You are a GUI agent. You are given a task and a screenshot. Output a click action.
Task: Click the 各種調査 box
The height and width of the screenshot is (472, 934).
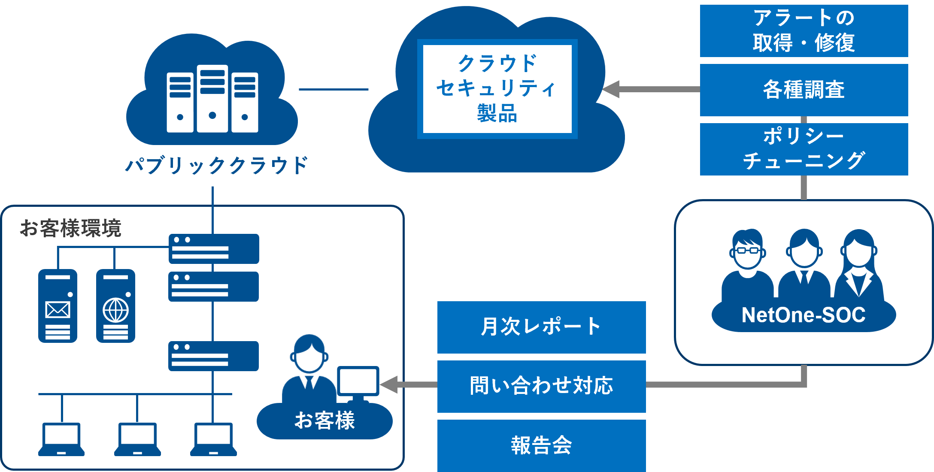804,90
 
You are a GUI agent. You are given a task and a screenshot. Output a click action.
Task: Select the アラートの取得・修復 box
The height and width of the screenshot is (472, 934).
804,31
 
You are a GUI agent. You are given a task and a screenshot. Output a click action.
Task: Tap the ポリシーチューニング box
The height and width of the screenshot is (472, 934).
804,149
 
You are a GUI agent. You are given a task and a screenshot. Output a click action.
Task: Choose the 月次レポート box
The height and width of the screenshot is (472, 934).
541,327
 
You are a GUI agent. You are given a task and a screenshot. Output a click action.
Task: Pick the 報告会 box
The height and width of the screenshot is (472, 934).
541,445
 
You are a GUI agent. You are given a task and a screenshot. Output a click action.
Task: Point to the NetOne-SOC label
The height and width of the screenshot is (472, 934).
804,315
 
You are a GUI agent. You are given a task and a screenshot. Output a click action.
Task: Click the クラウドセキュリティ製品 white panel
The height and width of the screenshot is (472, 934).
497,89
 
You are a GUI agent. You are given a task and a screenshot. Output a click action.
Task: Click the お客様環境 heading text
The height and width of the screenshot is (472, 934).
71,228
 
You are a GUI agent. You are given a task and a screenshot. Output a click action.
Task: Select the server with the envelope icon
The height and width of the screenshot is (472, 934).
58,306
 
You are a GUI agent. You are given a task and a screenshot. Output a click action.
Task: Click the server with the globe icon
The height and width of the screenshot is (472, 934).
115,306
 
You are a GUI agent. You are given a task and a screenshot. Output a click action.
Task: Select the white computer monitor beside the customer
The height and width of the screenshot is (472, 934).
358,381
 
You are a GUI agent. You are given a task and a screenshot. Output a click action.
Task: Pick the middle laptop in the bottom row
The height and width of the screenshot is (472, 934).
137,439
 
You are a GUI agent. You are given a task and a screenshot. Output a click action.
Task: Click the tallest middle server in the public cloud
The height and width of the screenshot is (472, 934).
212,99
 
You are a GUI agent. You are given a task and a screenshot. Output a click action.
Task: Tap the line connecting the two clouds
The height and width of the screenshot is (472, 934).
334,89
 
